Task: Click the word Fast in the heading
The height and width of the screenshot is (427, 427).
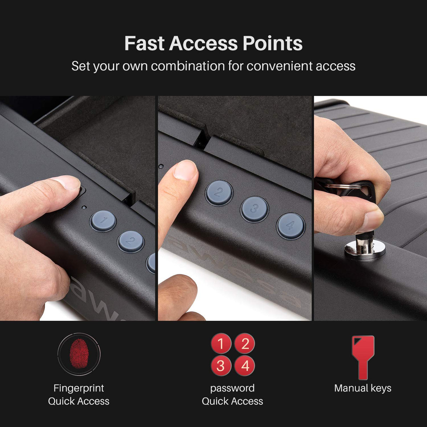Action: pos(144,44)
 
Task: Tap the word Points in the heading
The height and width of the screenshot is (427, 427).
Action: pos(272,44)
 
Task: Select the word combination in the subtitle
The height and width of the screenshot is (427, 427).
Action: pos(188,66)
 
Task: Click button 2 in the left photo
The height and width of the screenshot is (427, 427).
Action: pos(130,241)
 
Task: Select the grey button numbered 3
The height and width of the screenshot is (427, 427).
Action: pos(254,209)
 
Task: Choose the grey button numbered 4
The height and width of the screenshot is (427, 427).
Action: pos(290,225)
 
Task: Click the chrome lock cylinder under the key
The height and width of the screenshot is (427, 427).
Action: pos(365,249)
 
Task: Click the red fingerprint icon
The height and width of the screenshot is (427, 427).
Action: pos(79,354)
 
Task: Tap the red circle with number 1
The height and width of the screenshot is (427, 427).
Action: pos(221,343)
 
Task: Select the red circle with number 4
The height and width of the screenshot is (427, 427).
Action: pos(244,365)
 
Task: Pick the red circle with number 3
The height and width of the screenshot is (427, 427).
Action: pos(221,365)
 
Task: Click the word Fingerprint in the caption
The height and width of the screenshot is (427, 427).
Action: pos(78,388)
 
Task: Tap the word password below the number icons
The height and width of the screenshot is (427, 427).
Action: pos(232,388)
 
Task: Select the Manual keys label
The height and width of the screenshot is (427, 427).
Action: pos(363,388)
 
